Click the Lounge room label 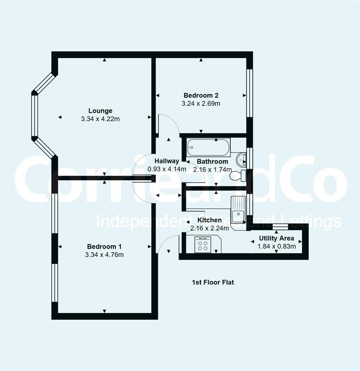click(100, 111)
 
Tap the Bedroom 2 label click(201, 95)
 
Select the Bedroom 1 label click(104, 246)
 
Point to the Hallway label click(167, 161)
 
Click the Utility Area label click(276, 238)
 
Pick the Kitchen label click(209, 220)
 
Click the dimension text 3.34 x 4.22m click(100, 119)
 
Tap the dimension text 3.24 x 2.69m click(201, 103)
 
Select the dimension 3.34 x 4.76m click(104, 255)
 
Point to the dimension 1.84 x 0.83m click(277, 246)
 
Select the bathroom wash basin click(241, 159)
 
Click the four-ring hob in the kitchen click(203, 245)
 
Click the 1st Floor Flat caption click(213, 282)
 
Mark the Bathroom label click(212, 161)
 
